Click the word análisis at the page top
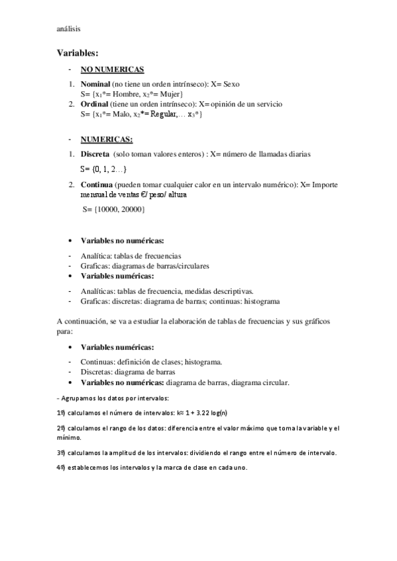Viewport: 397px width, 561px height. coord(69,28)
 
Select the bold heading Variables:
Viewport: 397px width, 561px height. coord(78,52)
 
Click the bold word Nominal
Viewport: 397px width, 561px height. coord(95,85)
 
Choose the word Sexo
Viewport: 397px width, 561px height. coord(231,85)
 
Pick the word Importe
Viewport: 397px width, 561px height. coord(325,185)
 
